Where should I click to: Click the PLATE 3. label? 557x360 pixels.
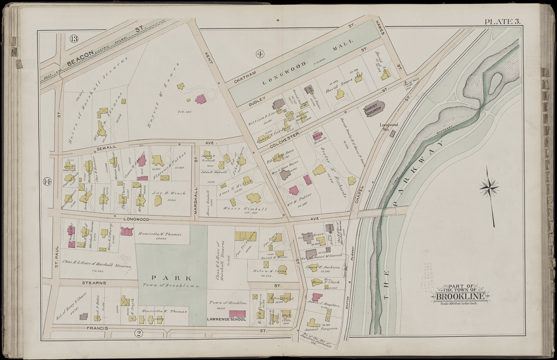pyautogui.click(x=503, y=22)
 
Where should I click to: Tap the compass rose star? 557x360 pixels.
pyautogui.click(x=489, y=186)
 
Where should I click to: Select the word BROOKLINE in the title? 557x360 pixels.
pyautogui.click(x=459, y=297)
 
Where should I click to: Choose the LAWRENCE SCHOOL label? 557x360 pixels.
pyautogui.click(x=226, y=319)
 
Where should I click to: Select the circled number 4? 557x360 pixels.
pyautogui.click(x=260, y=54)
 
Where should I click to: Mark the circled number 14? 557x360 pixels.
pyautogui.click(x=47, y=181)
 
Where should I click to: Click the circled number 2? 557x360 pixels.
pyautogui.click(x=139, y=333)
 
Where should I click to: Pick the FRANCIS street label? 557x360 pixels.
pyautogui.click(x=98, y=329)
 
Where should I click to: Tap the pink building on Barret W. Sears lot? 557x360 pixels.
pyautogui.click(x=200, y=99)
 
